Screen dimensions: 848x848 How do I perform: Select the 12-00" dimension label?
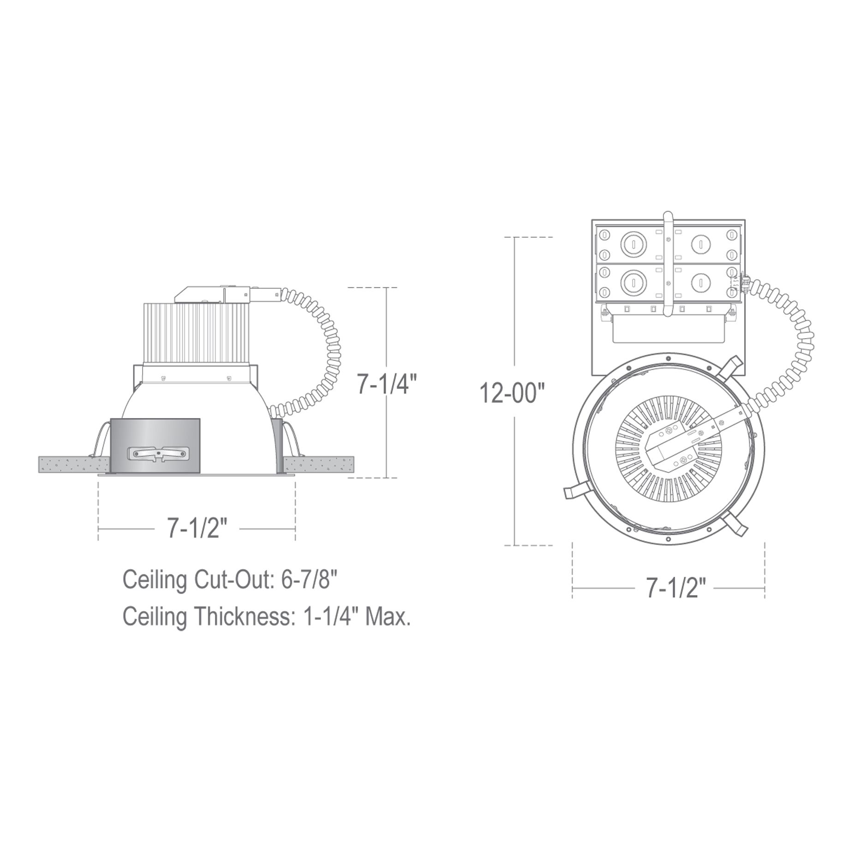click(512, 394)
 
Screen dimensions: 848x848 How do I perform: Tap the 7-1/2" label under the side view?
click(197, 529)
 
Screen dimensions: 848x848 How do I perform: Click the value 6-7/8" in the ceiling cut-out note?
click(306, 580)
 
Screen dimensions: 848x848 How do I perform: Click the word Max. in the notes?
click(388, 617)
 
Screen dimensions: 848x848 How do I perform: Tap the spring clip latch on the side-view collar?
click(159, 454)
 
